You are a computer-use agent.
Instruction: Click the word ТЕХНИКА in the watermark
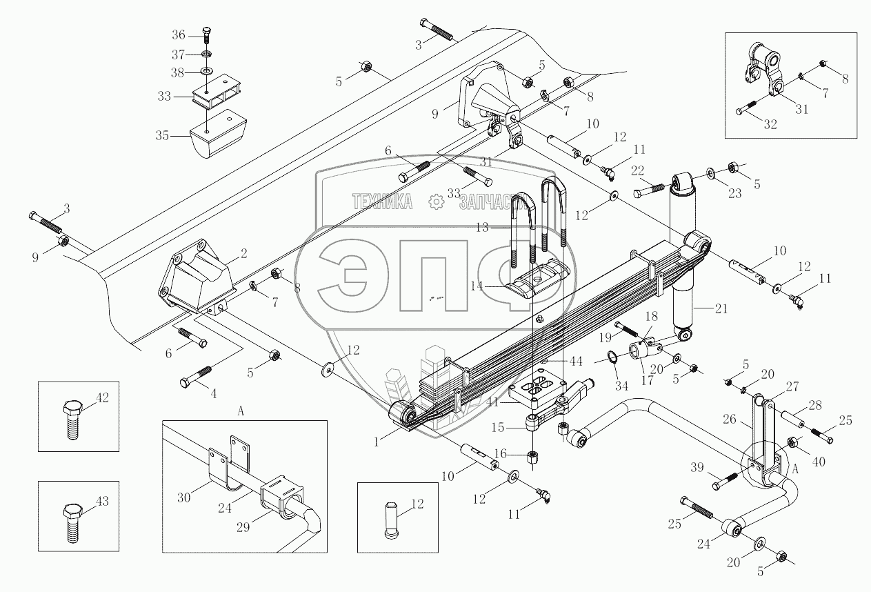click(382, 201)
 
